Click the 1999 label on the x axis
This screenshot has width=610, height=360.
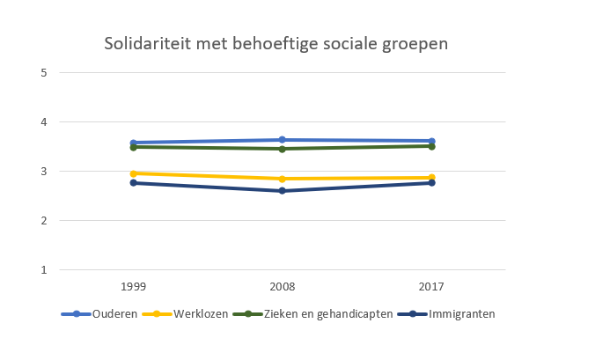click(132, 287)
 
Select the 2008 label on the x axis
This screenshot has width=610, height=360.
click(282, 287)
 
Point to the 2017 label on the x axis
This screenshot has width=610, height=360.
click(431, 287)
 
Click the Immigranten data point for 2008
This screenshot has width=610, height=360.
click(282, 190)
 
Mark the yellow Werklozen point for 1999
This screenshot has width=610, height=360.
click(132, 173)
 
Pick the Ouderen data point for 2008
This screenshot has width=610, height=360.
click(282, 139)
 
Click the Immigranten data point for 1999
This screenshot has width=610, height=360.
click(132, 182)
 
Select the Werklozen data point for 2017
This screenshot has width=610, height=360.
click(431, 178)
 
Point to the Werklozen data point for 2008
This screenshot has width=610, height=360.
click(282, 179)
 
